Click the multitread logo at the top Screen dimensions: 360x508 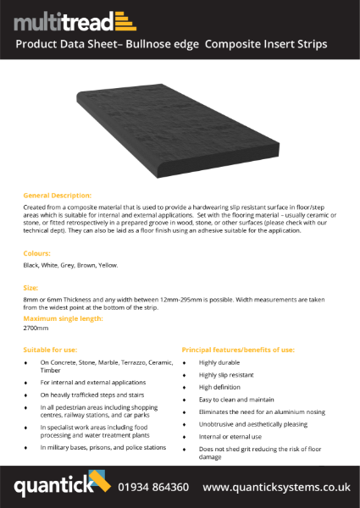74,20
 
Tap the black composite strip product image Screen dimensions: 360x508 180,127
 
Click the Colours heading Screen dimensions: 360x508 36,252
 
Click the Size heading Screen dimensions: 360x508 30,288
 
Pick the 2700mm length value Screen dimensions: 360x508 36,327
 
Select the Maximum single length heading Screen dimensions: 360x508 64,318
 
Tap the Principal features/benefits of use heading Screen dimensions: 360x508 238,348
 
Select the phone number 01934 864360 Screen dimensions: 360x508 152,487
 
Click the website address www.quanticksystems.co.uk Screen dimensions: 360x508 276,487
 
